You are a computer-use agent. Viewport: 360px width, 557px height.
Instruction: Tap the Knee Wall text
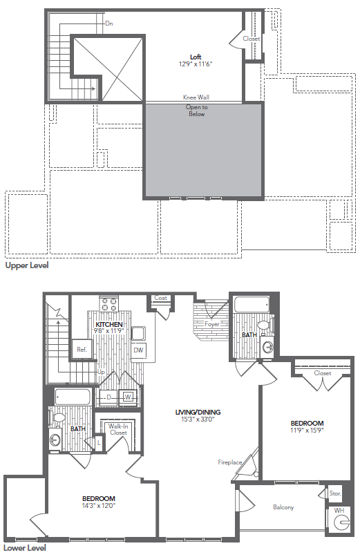pos(196,97)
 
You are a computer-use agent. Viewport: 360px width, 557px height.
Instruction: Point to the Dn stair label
pos(109,23)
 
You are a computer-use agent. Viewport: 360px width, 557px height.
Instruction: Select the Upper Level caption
pos(26,265)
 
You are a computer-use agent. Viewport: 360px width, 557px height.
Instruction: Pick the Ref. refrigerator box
pos(82,350)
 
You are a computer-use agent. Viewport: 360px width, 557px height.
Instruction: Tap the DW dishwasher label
pos(138,350)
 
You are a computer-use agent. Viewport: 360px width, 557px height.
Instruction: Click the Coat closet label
pos(161,298)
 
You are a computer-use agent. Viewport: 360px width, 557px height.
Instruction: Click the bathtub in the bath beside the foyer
pos(249,305)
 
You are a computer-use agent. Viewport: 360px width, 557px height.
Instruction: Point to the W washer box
pos(128,397)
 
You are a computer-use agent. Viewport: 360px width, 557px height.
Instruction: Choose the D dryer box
pos(109,397)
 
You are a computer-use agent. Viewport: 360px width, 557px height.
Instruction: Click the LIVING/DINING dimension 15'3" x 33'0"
pos(196,419)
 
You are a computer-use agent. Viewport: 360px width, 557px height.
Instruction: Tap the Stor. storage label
pos(335,493)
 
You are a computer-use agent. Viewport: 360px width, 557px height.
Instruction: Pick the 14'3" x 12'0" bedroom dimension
pos(99,505)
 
